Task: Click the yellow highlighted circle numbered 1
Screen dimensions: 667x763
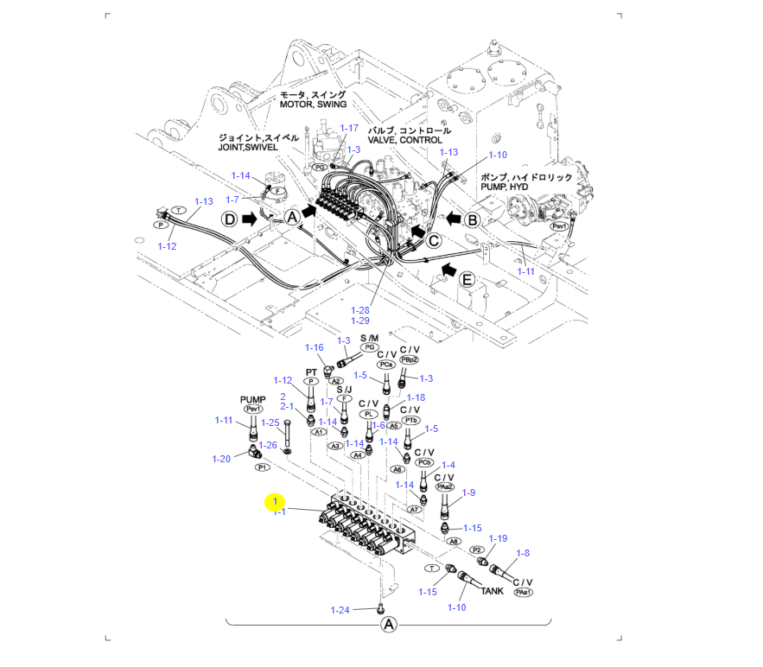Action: [275, 501]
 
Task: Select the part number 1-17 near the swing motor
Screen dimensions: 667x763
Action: [348, 128]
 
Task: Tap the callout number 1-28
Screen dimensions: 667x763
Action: [359, 309]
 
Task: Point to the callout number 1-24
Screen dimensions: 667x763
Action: [340, 610]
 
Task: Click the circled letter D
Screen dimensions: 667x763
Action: [229, 219]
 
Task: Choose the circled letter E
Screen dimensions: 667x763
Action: [467, 279]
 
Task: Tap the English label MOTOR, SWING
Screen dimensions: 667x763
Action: [313, 105]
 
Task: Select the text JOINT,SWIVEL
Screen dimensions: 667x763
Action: [258, 148]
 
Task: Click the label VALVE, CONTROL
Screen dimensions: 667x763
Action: [405, 140]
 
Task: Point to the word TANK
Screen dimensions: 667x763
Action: [492, 592]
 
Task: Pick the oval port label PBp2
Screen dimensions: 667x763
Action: [409, 359]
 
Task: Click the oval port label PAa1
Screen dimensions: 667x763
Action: [523, 593]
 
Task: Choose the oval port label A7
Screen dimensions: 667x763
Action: [415, 510]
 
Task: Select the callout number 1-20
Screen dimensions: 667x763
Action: [222, 459]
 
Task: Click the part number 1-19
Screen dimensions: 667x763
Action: [499, 538]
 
